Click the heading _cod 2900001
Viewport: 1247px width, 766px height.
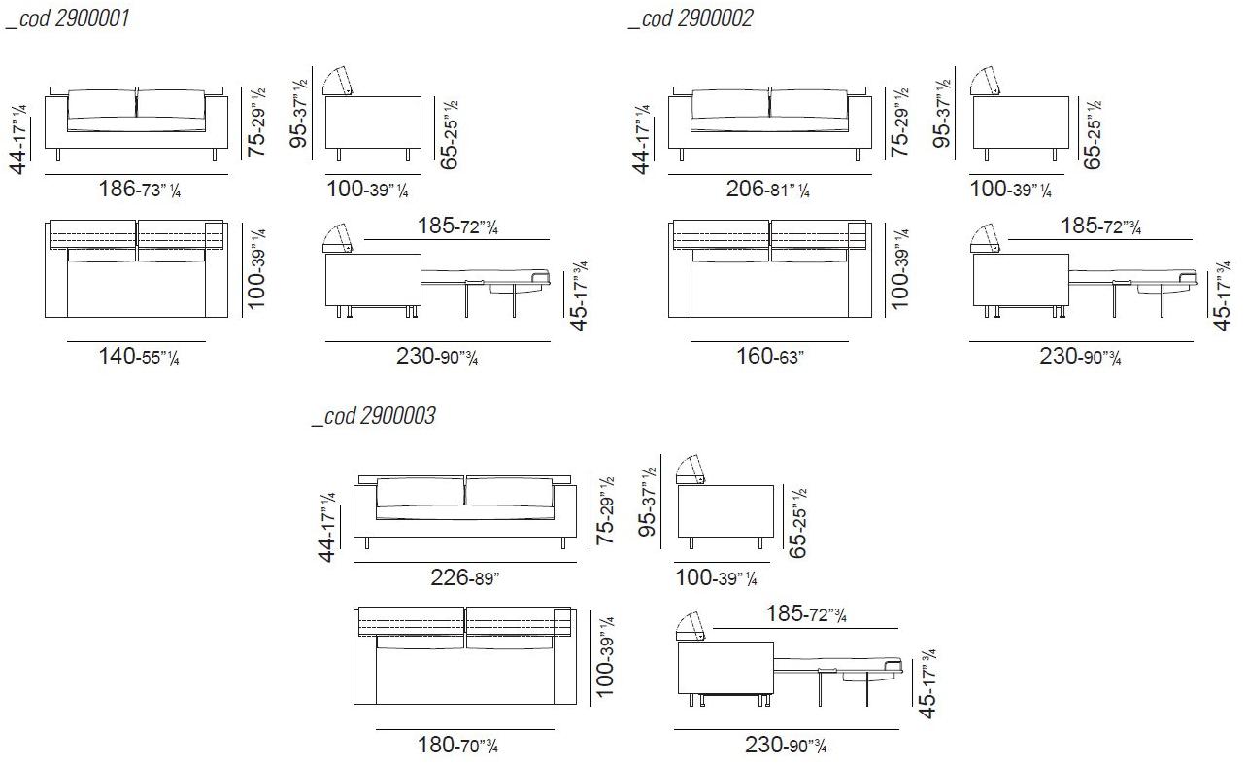(x=67, y=18)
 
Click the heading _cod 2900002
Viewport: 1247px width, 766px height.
(x=691, y=18)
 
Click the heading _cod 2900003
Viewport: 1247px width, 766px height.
(x=374, y=416)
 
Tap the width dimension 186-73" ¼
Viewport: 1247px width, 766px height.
(x=140, y=189)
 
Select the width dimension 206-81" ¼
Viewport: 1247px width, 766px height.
(x=767, y=189)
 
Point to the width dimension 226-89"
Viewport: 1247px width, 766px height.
(x=465, y=577)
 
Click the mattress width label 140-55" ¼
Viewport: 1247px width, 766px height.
(x=139, y=356)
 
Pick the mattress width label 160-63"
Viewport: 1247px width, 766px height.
(x=770, y=356)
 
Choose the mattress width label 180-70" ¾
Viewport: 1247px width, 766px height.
(x=457, y=745)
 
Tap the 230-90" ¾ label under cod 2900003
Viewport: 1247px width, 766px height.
(x=786, y=745)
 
